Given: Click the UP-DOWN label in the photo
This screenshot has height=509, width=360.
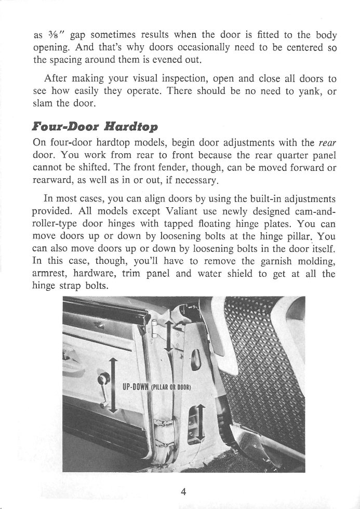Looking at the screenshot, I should [x=135, y=386].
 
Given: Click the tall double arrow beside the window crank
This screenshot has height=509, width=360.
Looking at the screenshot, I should [x=112, y=391].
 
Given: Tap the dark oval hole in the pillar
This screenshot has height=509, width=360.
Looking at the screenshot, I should [x=197, y=359].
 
